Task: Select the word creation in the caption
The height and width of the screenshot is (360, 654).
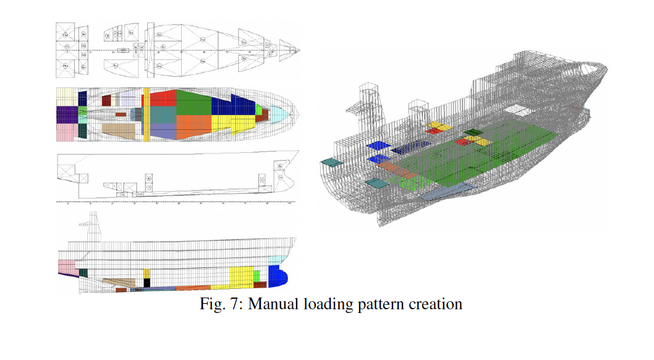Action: point(437,304)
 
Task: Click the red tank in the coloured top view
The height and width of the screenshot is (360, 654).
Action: point(163,98)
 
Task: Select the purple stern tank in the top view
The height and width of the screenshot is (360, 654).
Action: point(67,114)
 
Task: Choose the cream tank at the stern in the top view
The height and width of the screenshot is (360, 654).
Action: point(67,96)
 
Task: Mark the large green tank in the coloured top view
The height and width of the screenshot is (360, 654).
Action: point(193,103)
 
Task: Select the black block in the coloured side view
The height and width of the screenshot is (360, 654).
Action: point(147,283)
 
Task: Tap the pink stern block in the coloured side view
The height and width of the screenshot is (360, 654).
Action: point(66,268)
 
